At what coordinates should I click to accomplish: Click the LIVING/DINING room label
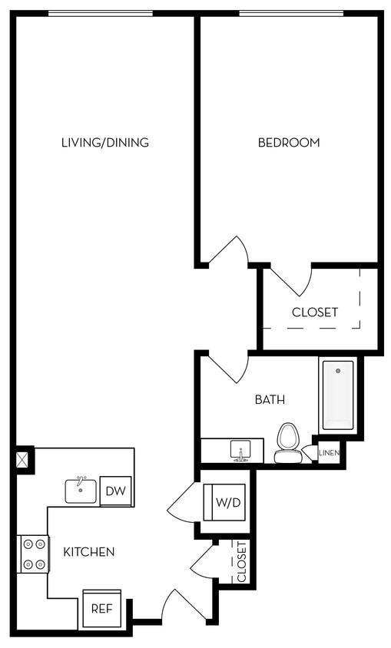click(x=104, y=142)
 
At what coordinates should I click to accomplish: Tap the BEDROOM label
click(x=289, y=142)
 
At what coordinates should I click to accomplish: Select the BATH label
click(x=270, y=399)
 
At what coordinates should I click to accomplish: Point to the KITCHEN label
click(x=89, y=551)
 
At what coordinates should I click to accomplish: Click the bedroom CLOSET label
click(x=315, y=312)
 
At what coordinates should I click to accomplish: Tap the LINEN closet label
click(x=330, y=453)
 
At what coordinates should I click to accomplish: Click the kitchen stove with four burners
click(x=33, y=554)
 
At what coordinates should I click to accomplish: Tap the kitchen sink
click(x=81, y=490)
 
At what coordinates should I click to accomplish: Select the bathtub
click(x=338, y=395)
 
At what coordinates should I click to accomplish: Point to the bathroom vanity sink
click(x=240, y=451)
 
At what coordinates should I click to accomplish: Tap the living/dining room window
click(x=100, y=13)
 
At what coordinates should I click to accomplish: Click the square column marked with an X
click(x=23, y=460)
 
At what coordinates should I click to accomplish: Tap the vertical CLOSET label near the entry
click(x=241, y=562)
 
